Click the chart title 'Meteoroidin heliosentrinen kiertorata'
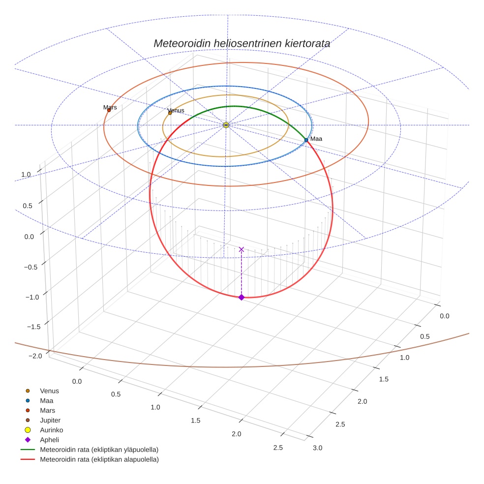tap(242, 43)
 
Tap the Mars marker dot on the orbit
tap(109, 110)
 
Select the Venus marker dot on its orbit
tap(170, 113)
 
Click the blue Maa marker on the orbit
tap(306, 140)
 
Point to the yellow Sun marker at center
tap(226, 125)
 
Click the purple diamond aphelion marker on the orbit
tap(241, 297)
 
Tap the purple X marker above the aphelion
tap(241, 249)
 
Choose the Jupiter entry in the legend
tap(50, 420)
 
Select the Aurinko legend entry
tap(51, 430)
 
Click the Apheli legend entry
tap(49, 440)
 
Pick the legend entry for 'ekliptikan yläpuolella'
tap(99, 450)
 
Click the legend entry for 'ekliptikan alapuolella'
tap(99, 459)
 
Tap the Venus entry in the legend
tap(49, 391)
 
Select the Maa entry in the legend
tap(46, 400)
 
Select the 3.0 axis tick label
tap(317, 448)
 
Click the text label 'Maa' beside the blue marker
tap(316, 139)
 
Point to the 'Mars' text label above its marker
tap(110, 107)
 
